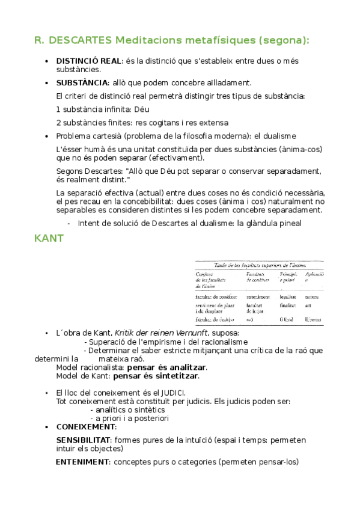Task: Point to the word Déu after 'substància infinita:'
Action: pos(141,109)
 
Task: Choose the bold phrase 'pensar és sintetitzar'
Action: pos(156,376)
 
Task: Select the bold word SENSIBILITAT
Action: pos(82,440)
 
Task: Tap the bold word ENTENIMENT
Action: pos(83,462)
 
